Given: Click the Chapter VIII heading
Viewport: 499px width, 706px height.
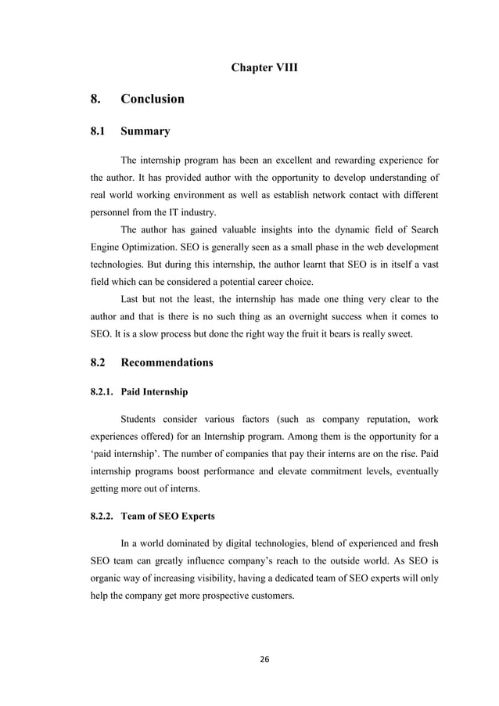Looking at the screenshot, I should coord(264,68).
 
